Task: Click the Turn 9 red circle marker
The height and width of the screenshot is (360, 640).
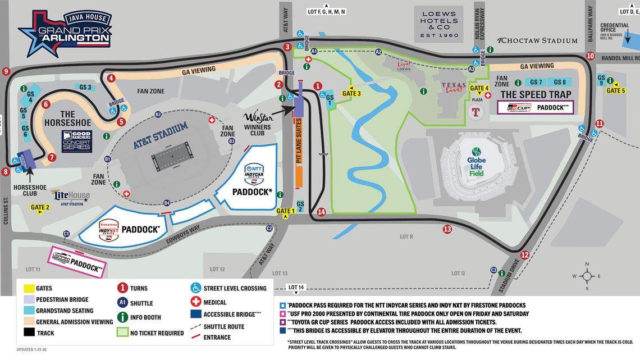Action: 6,71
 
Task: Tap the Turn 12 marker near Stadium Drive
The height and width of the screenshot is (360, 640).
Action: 524,254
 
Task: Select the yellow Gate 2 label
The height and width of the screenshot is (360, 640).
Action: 40,207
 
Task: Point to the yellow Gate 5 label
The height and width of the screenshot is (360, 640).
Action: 615,90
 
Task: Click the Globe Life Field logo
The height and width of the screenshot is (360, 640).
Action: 476,161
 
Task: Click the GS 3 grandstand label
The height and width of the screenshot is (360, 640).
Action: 85,87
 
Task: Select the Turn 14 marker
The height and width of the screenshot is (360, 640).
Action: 321,212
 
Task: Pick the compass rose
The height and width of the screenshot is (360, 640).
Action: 587,275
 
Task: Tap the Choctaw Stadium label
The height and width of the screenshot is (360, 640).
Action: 537,40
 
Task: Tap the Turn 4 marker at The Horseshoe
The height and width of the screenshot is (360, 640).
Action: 111,78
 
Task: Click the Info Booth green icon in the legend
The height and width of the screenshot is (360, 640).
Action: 121,317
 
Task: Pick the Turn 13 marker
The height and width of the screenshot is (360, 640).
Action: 447,229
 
